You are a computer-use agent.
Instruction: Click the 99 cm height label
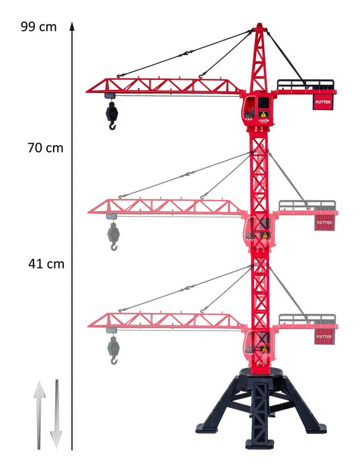point(39,27)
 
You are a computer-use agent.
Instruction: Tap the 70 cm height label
point(46,148)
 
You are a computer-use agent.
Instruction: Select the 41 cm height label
point(46,264)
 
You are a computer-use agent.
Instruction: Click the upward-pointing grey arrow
point(39,415)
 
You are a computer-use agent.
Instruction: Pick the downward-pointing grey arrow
point(56,415)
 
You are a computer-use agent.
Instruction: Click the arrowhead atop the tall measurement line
point(72,26)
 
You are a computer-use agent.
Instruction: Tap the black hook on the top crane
point(111,115)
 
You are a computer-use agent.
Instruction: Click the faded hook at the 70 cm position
point(114,236)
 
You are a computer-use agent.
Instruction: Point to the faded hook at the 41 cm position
point(114,350)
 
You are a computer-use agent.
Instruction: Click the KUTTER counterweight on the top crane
point(323,102)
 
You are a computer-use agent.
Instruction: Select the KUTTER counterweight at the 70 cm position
point(324,223)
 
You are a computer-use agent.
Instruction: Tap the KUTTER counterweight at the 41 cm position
point(324,336)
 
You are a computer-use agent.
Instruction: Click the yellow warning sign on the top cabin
point(263,114)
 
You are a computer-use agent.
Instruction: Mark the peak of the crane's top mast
point(259,24)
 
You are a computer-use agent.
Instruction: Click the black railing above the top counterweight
point(305,85)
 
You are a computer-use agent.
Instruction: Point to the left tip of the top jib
point(87,91)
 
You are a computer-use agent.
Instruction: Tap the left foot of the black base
point(206,428)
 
